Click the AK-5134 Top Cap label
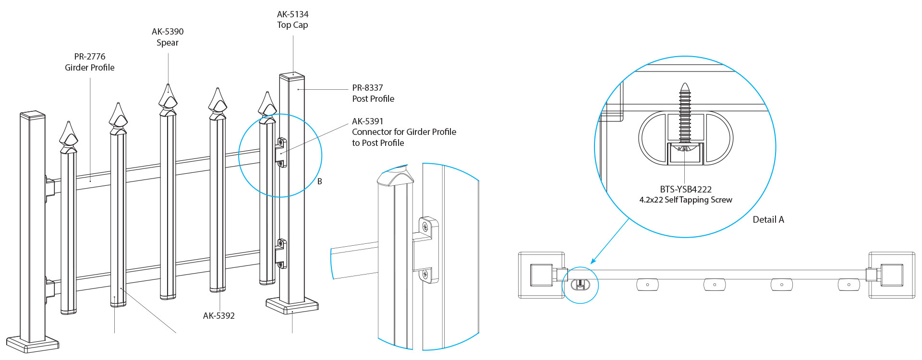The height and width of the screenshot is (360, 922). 292,20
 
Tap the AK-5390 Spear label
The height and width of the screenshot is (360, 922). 168,37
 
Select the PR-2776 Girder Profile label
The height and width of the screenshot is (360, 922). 90,62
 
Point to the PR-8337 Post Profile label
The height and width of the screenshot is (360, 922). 373,93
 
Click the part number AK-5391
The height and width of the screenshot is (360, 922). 367,121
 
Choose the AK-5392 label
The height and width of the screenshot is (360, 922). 219,316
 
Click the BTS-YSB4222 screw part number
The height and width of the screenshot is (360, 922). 685,190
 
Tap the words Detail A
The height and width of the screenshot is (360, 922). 768,220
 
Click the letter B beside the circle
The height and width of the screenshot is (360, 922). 320,181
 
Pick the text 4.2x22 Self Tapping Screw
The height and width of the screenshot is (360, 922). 685,200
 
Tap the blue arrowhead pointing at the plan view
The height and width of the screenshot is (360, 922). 593,261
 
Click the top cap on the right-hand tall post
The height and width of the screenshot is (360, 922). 292,75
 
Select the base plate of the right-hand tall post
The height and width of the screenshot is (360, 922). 292,306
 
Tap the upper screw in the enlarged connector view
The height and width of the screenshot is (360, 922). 425,227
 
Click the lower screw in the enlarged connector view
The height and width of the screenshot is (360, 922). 425,275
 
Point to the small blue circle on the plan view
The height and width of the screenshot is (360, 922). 580,285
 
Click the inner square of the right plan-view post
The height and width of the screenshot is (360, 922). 892,275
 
